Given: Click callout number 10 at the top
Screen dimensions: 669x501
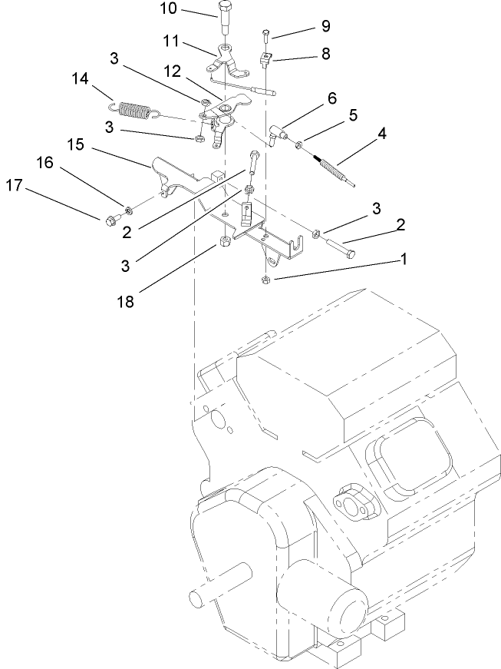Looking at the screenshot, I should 169,10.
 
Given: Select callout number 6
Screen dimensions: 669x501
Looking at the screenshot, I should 331,98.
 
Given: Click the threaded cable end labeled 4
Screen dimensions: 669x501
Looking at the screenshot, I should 331,169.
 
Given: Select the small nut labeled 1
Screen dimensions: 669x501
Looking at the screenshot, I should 265,279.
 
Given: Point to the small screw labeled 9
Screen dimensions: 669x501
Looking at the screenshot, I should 264,35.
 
